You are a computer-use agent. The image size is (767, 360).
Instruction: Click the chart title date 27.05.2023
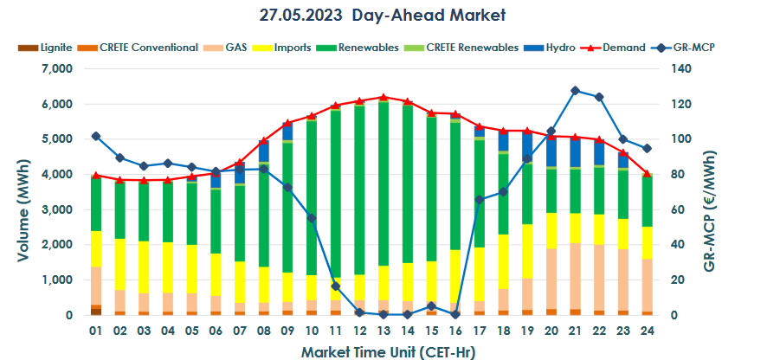(x=300, y=16)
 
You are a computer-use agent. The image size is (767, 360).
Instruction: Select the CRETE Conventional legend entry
(x=139, y=48)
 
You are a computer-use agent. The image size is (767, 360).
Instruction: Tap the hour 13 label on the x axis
(x=383, y=331)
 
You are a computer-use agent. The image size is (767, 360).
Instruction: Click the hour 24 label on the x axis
(x=646, y=331)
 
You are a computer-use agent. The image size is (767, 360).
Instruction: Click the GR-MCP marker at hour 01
(x=95, y=136)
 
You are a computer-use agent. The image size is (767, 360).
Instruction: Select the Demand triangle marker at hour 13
(x=383, y=97)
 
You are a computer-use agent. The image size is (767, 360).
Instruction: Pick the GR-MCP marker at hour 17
(x=479, y=199)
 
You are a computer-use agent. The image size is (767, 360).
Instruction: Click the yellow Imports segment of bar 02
(x=119, y=264)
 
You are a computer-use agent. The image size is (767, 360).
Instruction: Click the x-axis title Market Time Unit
(x=387, y=351)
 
